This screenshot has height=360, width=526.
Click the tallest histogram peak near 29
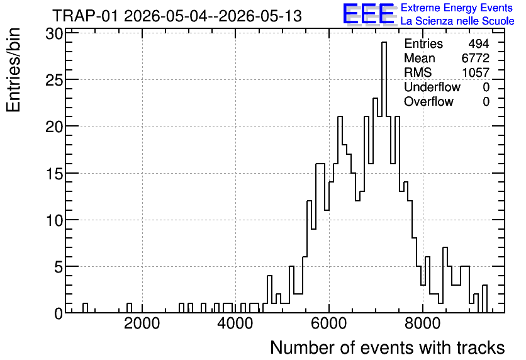384,43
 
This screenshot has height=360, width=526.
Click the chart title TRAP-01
85,16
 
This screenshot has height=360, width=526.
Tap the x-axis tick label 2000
142,323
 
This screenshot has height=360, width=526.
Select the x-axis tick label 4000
235,323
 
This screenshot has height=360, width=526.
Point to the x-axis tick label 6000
328,323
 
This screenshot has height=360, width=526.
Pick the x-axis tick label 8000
422,323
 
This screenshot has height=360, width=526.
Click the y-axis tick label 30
54,34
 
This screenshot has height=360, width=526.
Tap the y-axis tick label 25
54,81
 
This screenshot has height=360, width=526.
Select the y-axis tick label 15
54,174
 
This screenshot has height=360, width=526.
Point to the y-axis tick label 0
59,314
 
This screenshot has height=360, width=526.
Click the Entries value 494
479,43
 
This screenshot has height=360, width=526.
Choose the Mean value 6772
475,58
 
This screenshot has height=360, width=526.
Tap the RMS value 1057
475,72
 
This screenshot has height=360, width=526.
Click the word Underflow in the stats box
432,87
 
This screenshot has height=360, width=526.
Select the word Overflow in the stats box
428,101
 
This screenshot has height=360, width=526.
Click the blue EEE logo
369,14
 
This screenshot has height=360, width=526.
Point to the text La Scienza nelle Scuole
457,21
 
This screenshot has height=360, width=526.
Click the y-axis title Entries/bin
14,70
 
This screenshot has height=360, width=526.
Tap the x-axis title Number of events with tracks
388,348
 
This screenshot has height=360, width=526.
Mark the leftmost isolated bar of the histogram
85,308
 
